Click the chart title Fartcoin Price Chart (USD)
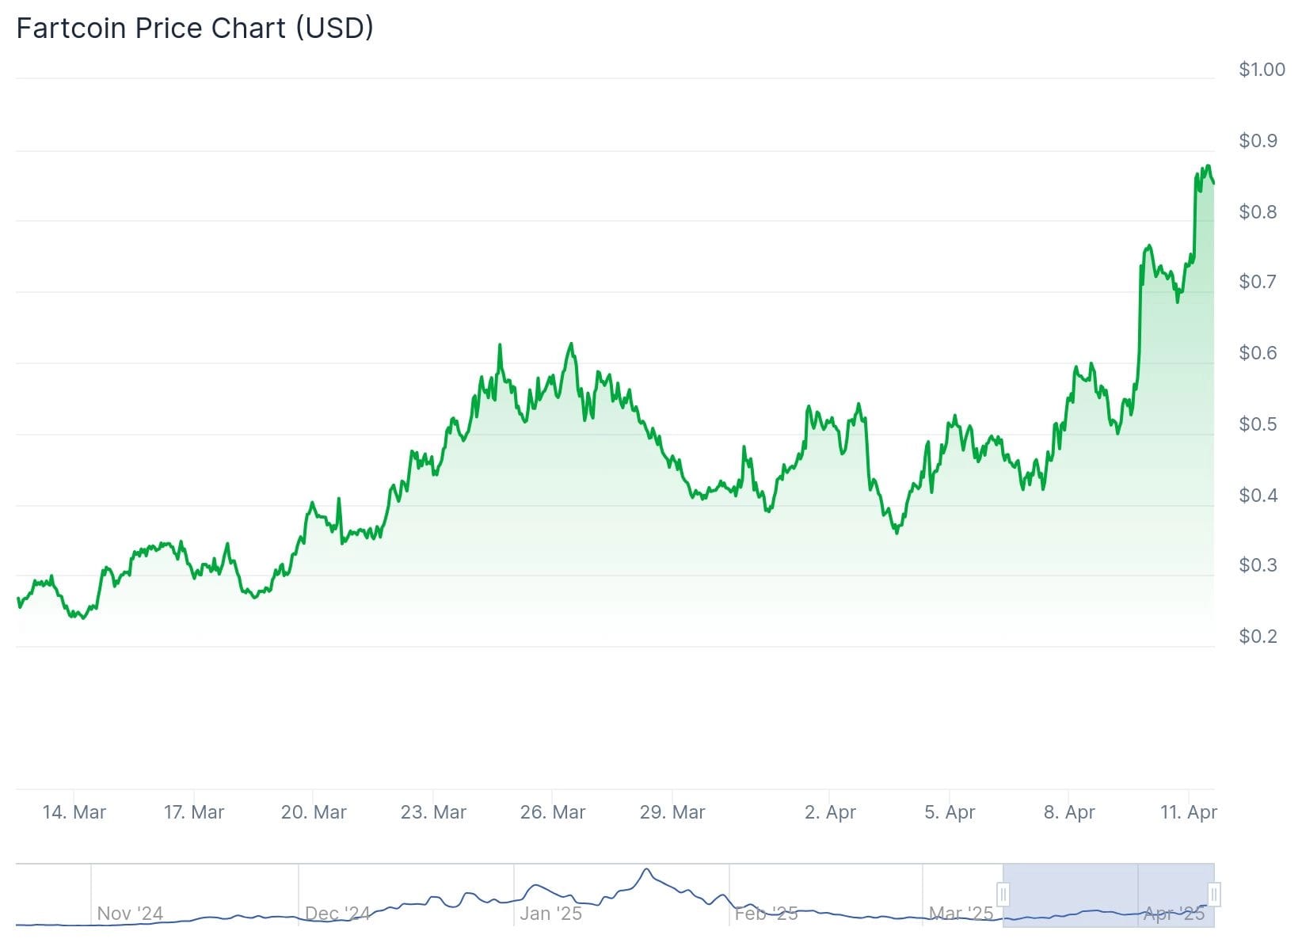(195, 28)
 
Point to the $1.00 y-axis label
(1262, 70)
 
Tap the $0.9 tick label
(1258, 141)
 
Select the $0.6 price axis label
(1258, 353)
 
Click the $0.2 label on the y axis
(1258, 636)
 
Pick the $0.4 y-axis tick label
(1258, 496)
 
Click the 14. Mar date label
(74, 812)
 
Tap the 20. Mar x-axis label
(314, 812)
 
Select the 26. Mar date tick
(553, 812)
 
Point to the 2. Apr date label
(830, 812)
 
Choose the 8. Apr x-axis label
(1069, 812)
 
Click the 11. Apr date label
(1189, 812)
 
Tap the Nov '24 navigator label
(130, 914)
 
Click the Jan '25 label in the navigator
(550, 914)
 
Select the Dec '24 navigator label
(337, 914)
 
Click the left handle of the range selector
(1003, 895)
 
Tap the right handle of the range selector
(1214, 895)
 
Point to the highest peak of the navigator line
(647, 869)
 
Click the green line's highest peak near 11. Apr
(1208, 165)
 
